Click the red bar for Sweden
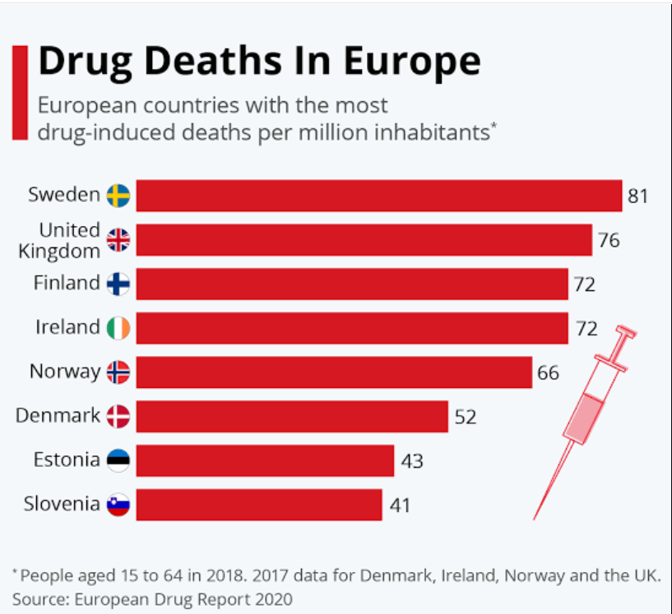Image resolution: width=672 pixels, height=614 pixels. [x=379, y=196]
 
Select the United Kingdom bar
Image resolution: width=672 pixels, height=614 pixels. [x=364, y=240]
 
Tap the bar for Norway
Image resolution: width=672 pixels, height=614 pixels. [x=334, y=372]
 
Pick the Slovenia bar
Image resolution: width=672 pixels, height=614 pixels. [x=259, y=505]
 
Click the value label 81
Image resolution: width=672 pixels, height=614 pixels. [x=637, y=196]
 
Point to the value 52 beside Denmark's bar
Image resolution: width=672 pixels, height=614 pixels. [x=465, y=417]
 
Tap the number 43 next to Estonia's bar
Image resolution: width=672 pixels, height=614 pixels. [x=412, y=461]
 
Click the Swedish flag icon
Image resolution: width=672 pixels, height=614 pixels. [x=118, y=196]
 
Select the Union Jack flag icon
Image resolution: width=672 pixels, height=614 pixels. [x=118, y=240]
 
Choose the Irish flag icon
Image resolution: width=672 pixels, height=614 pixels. [x=118, y=328]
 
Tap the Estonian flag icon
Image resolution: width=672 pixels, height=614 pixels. [x=118, y=460]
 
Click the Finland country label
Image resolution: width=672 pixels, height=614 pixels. [x=67, y=283]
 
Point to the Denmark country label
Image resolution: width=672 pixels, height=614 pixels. [x=58, y=415]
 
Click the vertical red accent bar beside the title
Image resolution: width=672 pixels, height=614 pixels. [x=20, y=93]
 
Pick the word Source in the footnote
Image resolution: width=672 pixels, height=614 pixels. [x=40, y=599]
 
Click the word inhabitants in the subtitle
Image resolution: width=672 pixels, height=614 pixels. [x=432, y=132]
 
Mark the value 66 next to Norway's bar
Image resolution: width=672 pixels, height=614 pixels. [x=548, y=373]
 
